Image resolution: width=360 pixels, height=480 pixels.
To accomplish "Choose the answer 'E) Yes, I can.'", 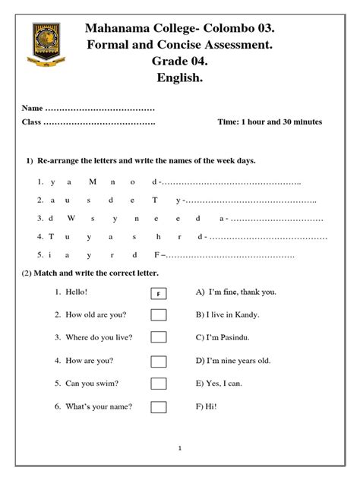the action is [219, 384].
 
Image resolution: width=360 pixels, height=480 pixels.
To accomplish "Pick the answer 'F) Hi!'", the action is [207, 406].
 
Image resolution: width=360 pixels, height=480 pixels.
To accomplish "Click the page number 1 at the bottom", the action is [180, 450].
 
